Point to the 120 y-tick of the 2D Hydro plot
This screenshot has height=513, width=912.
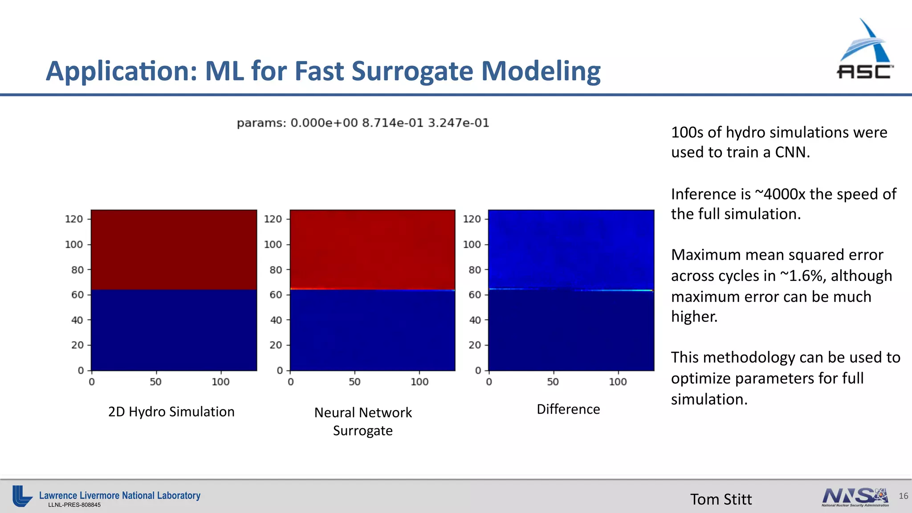pos(74,219)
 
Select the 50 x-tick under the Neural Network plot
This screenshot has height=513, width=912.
pos(354,382)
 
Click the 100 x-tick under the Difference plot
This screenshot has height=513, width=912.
pos(618,382)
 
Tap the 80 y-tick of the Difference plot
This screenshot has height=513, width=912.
pos(475,270)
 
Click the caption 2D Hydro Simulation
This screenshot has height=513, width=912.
pos(171,412)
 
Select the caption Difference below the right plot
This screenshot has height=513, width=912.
pos(568,409)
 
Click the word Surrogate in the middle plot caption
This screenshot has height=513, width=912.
pos(362,431)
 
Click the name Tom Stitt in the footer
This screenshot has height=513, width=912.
pos(721,499)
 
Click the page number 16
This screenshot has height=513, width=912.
pos(903,496)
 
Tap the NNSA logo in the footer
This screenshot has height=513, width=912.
pos(855,497)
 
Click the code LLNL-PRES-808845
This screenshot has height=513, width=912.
pos(74,505)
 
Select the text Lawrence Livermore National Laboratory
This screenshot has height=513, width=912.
pos(120,495)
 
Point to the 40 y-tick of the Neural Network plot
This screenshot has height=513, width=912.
pos(276,320)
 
